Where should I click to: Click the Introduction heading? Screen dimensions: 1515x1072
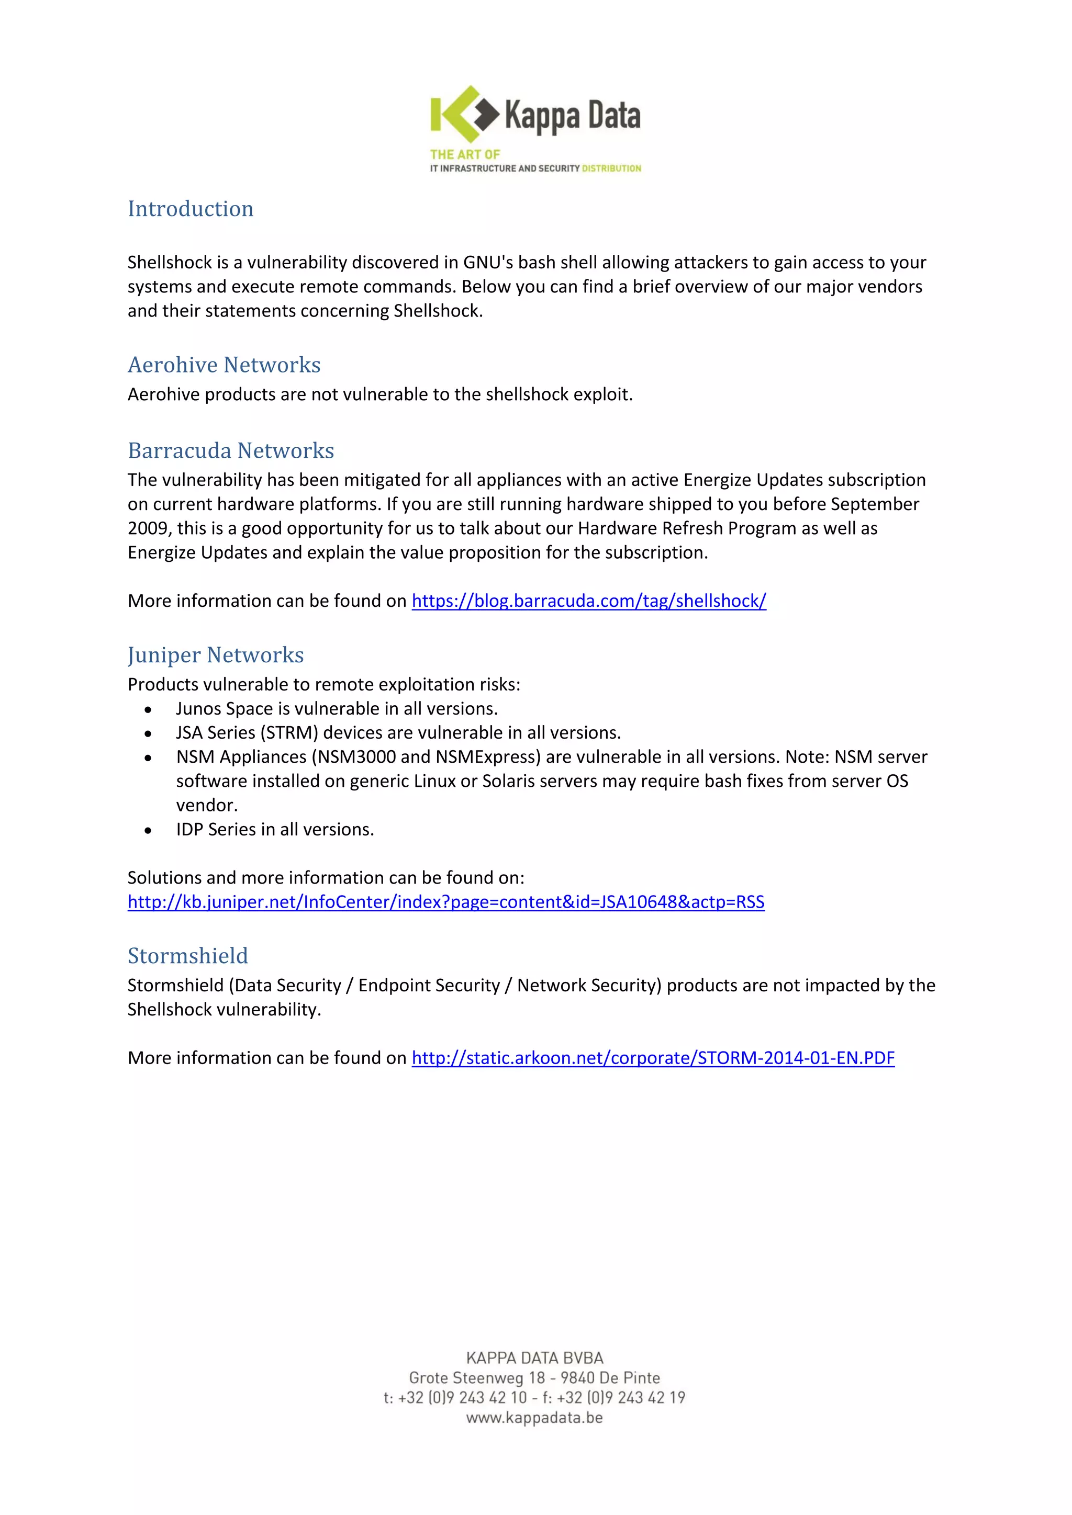pos(190,209)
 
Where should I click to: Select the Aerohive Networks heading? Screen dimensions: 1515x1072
pos(224,365)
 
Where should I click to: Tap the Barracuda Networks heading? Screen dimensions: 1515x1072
pos(230,450)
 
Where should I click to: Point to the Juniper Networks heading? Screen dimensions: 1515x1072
pos(215,655)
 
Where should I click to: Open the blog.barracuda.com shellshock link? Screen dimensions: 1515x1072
pos(588,601)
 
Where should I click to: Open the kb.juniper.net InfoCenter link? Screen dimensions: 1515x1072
pos(445,902)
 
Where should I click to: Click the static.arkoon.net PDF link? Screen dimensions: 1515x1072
pos(652,1058)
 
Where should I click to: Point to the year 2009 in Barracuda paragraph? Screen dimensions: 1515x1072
pos(147,528)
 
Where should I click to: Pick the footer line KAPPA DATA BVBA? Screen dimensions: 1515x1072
pos(534,1358)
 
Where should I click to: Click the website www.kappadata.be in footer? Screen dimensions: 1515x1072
pos(534,1417)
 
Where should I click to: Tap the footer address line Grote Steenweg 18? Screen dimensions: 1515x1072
pos(534,1378)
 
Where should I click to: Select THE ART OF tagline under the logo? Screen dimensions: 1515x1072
pos(465,155)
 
